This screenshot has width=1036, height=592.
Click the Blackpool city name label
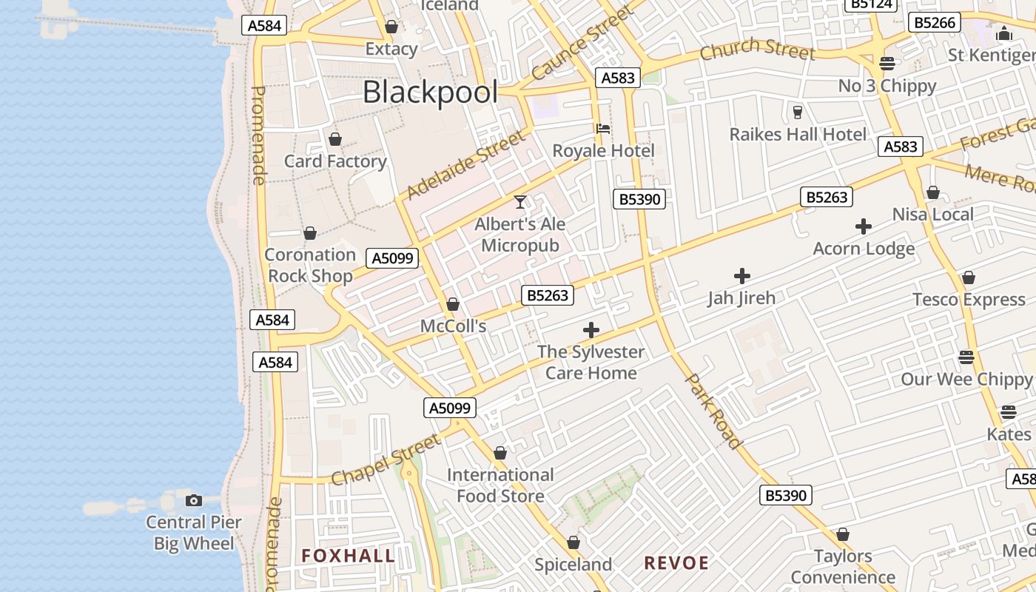431,92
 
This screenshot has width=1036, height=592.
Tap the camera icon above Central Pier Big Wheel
194,500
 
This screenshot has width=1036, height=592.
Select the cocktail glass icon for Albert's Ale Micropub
520,202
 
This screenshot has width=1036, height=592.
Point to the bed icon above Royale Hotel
603,129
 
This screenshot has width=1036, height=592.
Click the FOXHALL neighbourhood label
348,556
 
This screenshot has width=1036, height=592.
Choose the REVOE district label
676,563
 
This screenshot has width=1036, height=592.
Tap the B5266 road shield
935,22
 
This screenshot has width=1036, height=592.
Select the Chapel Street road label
386,460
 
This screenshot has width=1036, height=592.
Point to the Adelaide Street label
467,165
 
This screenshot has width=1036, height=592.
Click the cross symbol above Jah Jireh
741,276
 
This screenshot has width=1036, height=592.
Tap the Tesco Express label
969,300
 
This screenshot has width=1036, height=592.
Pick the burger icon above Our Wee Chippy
966,357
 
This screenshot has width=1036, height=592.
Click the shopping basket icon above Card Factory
335,139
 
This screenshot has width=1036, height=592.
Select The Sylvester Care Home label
591,363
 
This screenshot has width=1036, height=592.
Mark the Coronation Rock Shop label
310,265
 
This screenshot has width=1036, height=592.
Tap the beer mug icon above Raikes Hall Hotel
797,112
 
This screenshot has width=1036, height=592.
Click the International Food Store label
500,485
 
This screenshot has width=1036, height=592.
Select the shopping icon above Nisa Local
933,192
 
